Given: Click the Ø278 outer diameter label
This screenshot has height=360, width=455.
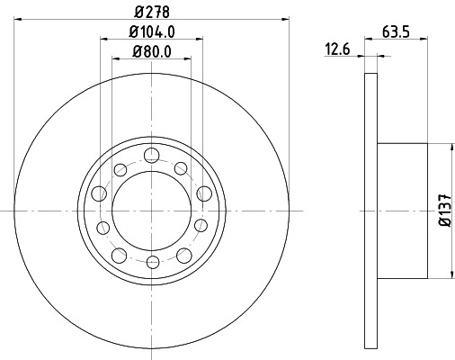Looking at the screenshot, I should [151, 11].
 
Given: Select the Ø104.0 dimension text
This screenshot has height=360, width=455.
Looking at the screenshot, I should [151, 31].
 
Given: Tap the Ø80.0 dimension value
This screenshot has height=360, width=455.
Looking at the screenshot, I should [151, 50].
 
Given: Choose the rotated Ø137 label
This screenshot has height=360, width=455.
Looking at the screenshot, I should [443, 210].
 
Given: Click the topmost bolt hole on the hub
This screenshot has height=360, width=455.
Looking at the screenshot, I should [152, 153].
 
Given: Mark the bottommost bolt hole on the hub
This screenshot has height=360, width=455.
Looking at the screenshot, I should [152, 261].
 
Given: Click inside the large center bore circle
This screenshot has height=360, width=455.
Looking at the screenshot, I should [152, 207].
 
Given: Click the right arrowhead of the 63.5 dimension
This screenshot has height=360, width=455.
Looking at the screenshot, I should [424, 39].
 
